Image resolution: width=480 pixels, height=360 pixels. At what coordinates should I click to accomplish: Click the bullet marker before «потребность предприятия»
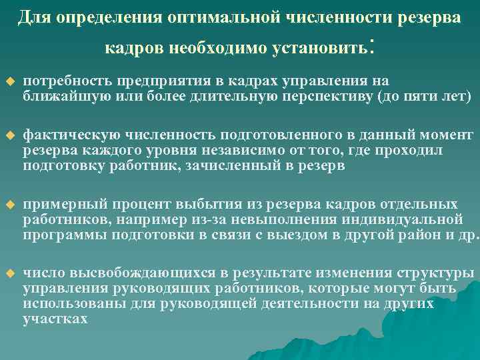[10, 82]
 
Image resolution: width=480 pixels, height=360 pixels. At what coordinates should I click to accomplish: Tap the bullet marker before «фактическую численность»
[10, 135]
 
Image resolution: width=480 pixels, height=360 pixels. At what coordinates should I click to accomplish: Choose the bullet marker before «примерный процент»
[10, 205]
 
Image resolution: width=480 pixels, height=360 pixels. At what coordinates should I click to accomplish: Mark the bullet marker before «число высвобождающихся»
[10, 275]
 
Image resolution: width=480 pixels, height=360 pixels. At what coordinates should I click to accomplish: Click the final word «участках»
[55, 319]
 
